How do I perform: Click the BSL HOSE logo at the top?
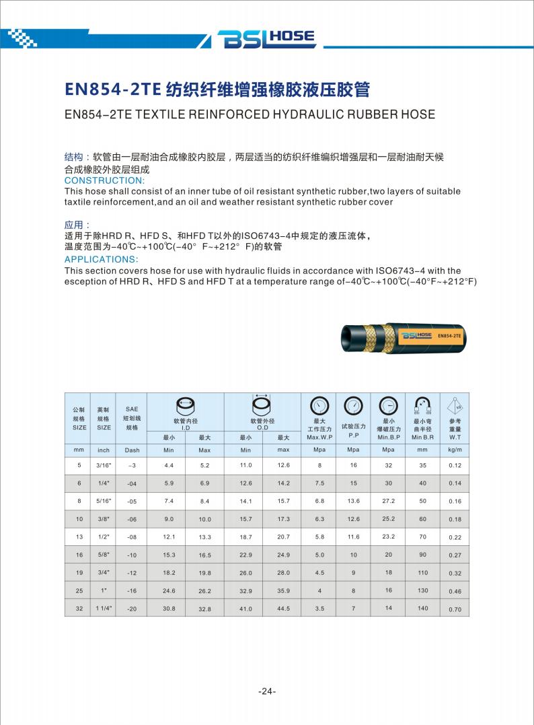(x=267, y=39)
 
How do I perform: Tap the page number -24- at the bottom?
(x=267, y=691)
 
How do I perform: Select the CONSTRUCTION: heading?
(x=104, y=180)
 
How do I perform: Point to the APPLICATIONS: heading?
(x=102, y=260)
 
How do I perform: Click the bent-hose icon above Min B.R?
(x=423, y=406)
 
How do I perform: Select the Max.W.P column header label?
(x=319, y=437)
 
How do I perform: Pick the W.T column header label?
(x=455, y=437)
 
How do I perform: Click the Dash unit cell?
(x=132, y=450)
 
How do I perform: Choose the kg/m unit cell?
(x=455, y=450)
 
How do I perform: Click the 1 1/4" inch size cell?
(x=104, y=609)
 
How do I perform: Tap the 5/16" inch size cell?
(x=104, y=501)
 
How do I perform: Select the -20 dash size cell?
(x=132, y=609)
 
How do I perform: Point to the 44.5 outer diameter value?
(x=283, y=609)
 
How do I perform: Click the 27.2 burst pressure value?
(x=388, y=501)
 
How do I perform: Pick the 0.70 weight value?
(x=455, y=609)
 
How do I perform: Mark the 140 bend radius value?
(x=422, y=608)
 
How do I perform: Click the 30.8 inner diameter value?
(x=169, y=609)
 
